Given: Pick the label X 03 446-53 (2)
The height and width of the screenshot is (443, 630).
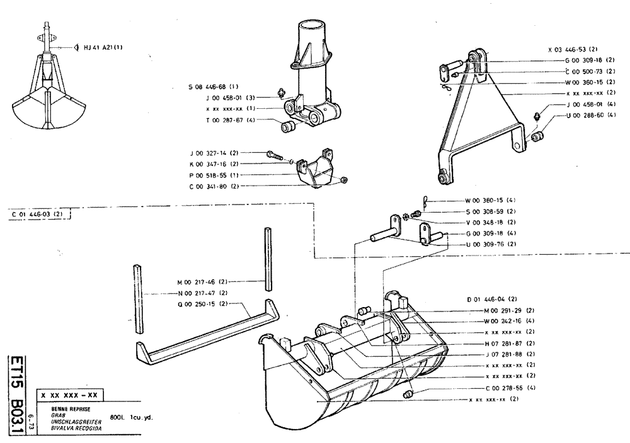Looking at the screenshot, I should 573,48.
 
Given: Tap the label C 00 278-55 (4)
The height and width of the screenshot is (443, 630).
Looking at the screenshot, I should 510,388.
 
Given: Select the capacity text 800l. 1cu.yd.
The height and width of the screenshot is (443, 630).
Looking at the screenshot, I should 131,417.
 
